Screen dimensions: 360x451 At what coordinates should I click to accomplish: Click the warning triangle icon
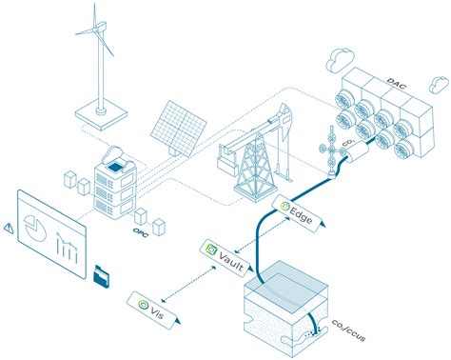point(9,228)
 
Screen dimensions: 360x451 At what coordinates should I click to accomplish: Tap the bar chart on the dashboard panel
point(67,248)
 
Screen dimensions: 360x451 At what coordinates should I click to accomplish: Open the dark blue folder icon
point(101,277)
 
